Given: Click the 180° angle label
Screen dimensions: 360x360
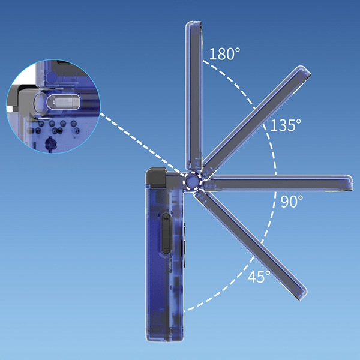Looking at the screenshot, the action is (x=224, y=54).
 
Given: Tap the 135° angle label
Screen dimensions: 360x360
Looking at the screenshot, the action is (x=286, y=125).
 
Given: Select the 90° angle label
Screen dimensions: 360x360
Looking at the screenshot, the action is (x=292, y=201).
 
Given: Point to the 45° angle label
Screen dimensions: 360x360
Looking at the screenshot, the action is (x=259, y=277).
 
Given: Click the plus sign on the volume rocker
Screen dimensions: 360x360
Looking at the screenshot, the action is (x=166, y=220).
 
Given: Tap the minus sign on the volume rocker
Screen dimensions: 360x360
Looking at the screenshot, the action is (x=166, y=248).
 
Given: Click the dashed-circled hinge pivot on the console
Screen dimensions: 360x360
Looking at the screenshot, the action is (x=193, y=181).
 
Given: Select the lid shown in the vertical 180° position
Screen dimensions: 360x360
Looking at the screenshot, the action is (x=194, y=96).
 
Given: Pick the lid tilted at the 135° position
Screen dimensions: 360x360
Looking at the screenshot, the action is (x=256, y=122).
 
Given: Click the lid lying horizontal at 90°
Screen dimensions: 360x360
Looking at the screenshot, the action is (x=278, y=183).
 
